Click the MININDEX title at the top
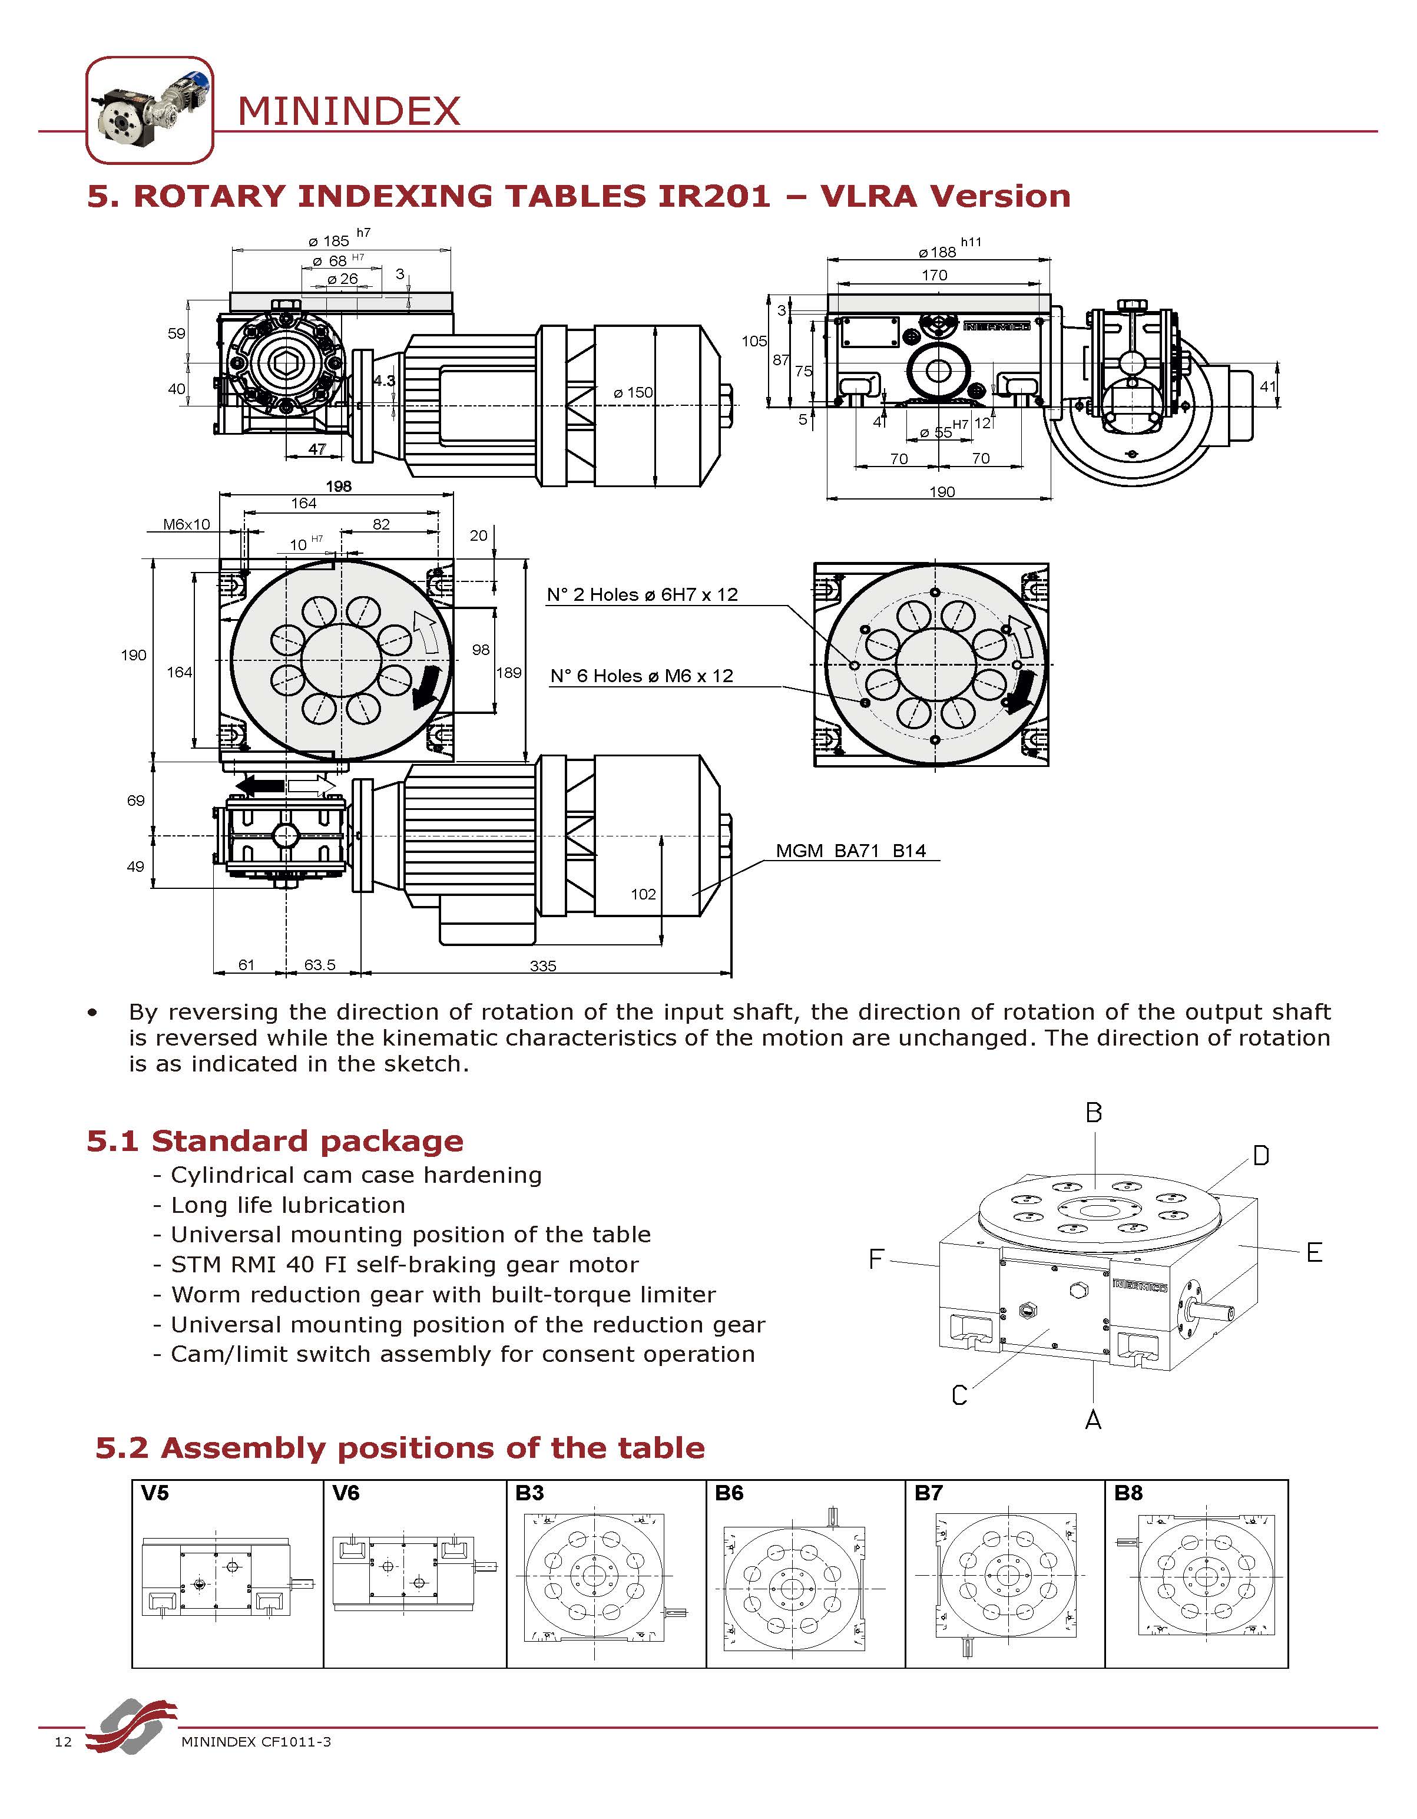[x=348, y=111]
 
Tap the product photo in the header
[x=150, y=110]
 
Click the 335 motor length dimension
[x=543, y=965]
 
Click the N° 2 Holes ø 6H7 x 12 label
[x=642, y=595]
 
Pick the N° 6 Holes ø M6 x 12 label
[x=642, y=676]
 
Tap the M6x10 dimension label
[x=187, y=525]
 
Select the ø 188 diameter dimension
[x=938, y=252]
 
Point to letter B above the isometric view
[x=1094, y=1113]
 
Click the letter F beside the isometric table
[x=875, y=1258]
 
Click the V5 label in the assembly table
[x=155, y=1493]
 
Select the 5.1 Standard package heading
[x=274, y=1141]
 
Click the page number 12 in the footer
[x=63, y=1742]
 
